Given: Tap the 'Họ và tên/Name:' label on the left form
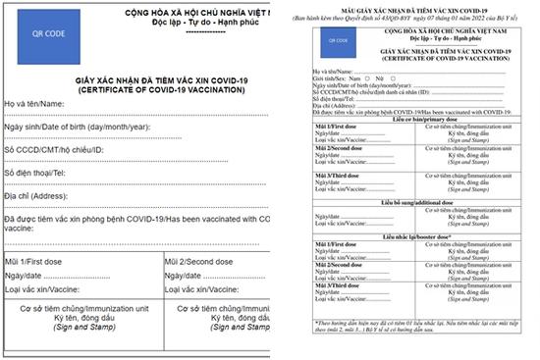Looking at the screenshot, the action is point(34,104).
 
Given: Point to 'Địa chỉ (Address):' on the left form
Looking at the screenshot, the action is point(36,195).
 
